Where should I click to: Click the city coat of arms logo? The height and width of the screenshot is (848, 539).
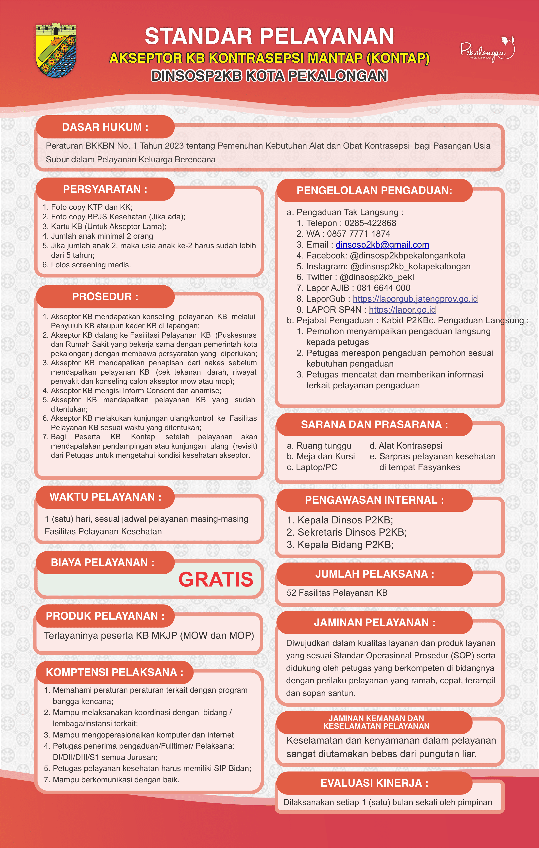[56, 50]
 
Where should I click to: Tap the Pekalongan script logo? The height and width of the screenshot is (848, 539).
[487, 50]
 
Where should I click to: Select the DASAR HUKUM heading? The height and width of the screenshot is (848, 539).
[105, 127]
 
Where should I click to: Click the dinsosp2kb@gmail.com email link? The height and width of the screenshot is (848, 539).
[382, 245]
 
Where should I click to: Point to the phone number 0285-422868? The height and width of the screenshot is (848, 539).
[370, 223]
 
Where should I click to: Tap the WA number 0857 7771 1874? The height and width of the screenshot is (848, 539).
[358, 234]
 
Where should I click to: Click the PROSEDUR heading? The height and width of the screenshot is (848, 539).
[105, 297]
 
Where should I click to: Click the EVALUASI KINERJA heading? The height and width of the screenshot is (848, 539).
[374, 783]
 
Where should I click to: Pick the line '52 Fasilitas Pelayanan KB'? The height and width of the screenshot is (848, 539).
[337, 593]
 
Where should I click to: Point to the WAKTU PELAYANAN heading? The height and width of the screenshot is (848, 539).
[105, 497]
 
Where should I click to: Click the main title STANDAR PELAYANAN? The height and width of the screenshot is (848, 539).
[269, 36]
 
